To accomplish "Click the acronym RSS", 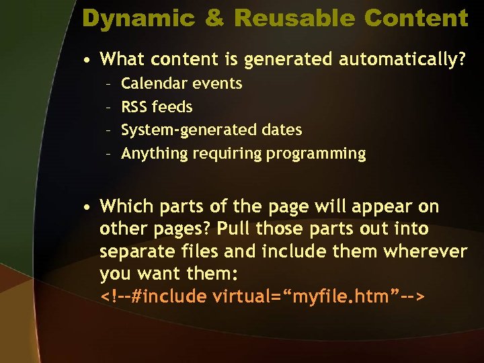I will click(134, 107).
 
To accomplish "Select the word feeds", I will click(172, 107).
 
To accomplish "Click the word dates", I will click(281, 130).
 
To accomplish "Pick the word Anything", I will click(155, 153).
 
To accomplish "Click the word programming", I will click(316, 153).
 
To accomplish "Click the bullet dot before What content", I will click(88, 60).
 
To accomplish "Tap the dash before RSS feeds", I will click(108, 107).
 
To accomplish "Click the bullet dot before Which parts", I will click(88, 206).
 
